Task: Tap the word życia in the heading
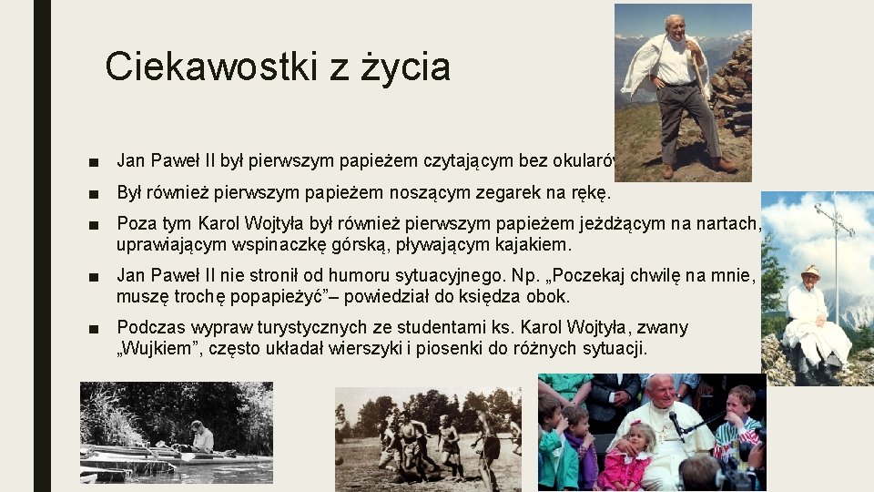tap(405, 67)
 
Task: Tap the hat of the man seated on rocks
tap(809, 271)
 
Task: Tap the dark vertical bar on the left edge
tap(42, 246)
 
